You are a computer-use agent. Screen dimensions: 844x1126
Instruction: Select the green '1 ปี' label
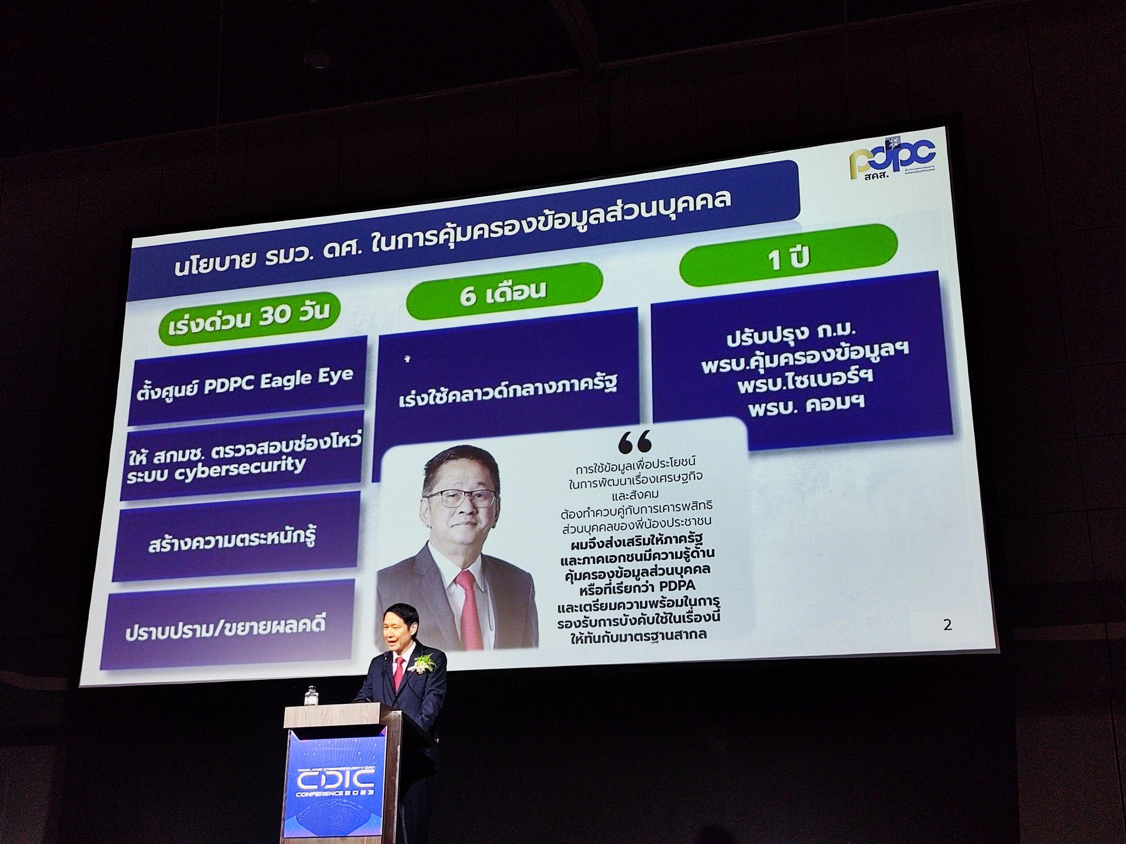pyautogui.click(x=788, y=258)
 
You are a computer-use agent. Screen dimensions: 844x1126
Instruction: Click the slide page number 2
pyautogui.click(x=947, y=624)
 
